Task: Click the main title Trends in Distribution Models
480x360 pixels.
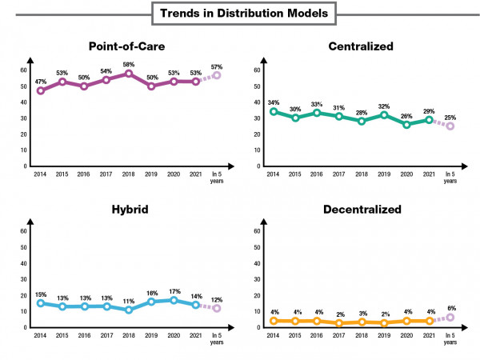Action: click(x=240, y=14)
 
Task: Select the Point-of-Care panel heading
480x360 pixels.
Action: click(x=129, y=46)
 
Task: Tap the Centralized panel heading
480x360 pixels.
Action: click(x=361, y=46)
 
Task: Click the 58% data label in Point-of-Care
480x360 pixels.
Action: click(x=129, y=63)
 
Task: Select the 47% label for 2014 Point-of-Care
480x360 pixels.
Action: click(x=41, y=81)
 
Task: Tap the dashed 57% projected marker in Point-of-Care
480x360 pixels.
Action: click(x=216, y=75)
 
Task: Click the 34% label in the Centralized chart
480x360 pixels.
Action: click(x=274, y=102)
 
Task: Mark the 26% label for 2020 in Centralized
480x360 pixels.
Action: click(x=406, y=114)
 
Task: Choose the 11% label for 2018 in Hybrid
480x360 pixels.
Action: click(x=129, y=300)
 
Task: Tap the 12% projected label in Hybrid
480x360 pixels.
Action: click(x=216, y=298)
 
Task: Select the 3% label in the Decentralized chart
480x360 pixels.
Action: click(x=362, y=313)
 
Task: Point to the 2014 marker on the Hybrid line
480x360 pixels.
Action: click(x=41, y=303)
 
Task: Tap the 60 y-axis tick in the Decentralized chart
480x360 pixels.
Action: click(x=258, y=231)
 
